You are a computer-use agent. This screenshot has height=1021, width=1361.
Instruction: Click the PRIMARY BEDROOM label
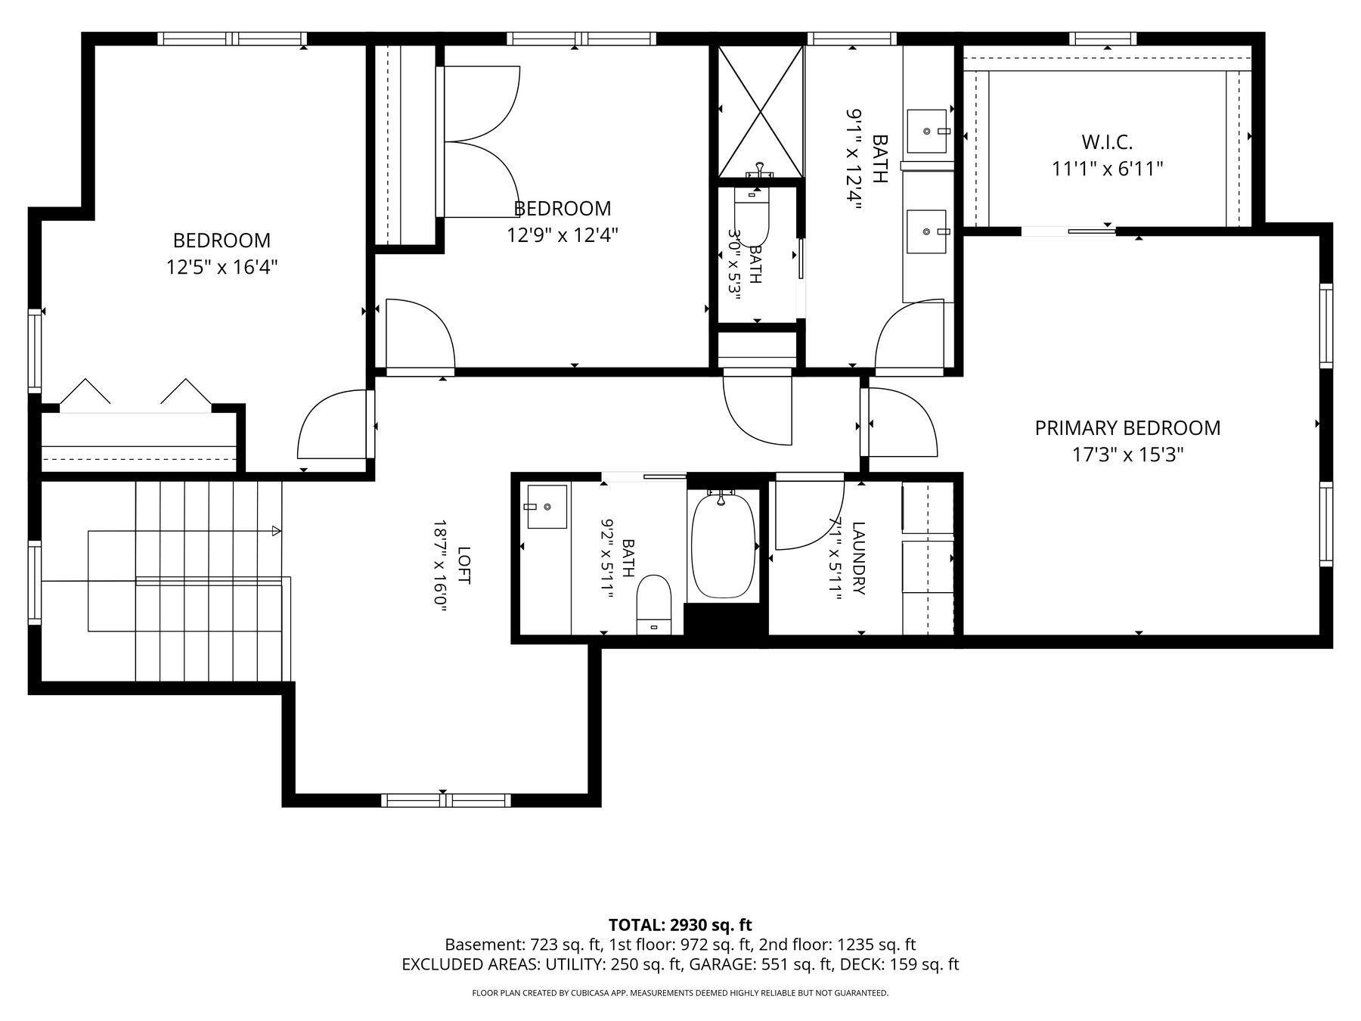[1127, 428]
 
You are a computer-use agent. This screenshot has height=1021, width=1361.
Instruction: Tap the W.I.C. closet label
[1107, 141]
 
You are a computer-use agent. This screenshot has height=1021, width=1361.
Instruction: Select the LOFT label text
[463, 565]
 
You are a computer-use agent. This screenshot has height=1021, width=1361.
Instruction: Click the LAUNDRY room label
[858, 558]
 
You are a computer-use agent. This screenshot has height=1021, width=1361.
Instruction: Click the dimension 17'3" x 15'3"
[1127, 455]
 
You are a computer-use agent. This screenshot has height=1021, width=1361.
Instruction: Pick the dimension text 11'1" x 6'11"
[1107, 168]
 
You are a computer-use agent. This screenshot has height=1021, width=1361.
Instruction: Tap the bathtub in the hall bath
[724, 545]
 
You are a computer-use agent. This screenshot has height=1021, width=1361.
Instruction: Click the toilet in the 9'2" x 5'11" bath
[655, 604]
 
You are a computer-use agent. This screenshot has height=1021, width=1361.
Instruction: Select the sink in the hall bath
[547, 507]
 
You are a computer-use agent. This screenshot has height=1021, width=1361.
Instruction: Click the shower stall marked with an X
[760, 111]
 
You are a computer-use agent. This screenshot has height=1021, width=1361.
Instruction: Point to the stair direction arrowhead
[277, 531]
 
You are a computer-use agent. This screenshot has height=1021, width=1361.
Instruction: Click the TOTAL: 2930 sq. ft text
[680, 924]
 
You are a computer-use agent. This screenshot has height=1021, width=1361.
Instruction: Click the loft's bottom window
[446, 800]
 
